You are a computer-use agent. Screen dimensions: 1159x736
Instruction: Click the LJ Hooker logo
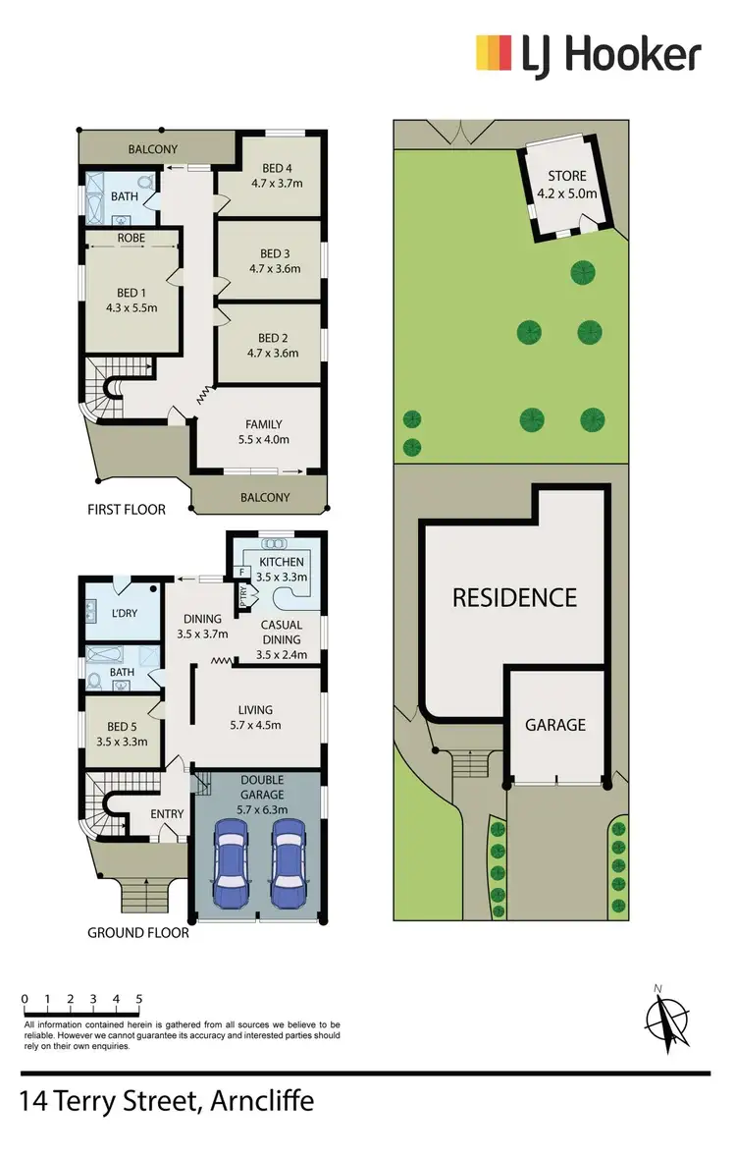click(x=588, y=55)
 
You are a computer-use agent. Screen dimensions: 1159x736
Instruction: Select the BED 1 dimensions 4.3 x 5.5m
click(x=131, y=307)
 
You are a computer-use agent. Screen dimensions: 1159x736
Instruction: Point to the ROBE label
click(x=131, y=238)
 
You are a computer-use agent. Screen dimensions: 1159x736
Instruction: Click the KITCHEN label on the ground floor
click(x=281, y=562)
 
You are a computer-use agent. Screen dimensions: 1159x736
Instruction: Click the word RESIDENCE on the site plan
click(x=513, y=597)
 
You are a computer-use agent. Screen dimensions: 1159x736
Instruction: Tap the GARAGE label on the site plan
click(x=555, y=725)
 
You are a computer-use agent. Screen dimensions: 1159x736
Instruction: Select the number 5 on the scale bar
click(x=139, y=999)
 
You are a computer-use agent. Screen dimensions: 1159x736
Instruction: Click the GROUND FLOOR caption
click(x=138, y=932)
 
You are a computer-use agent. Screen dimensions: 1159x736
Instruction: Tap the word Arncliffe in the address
click(x=262, y=1101)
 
